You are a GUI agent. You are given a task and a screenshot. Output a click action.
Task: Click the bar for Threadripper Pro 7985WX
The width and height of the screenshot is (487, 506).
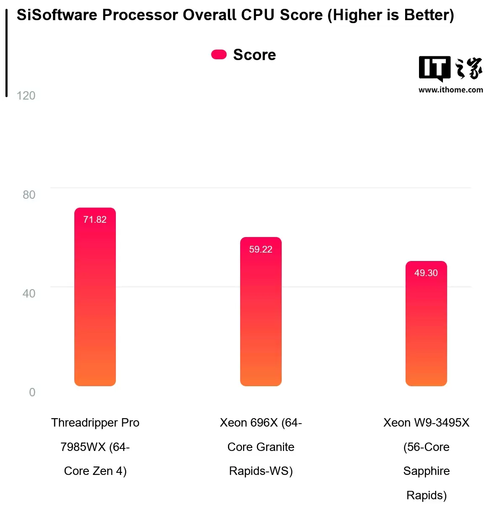point(95,303)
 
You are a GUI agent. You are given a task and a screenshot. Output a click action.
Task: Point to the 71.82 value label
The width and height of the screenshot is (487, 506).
point(95,219)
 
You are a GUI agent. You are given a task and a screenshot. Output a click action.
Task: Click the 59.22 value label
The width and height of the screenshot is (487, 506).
point(261,249)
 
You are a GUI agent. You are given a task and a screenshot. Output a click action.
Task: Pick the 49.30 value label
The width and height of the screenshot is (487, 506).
point(426,273)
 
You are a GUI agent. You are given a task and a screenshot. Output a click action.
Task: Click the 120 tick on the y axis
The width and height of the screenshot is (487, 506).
point(26,96)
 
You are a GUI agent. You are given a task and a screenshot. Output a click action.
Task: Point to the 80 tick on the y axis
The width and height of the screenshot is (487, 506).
point(29,195)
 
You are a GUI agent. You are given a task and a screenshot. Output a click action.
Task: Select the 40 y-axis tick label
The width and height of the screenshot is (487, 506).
point(29,293)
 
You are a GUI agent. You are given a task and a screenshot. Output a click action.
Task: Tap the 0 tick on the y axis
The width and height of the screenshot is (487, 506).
point(32,392)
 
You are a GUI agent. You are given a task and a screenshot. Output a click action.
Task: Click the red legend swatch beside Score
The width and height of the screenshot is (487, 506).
point(219,55)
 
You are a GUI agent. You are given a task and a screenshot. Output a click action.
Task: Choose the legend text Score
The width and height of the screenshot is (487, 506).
point(254,55)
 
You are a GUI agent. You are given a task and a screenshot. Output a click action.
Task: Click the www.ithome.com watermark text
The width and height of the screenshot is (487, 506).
point(450,90)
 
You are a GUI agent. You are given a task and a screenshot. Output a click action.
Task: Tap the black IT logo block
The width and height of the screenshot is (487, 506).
point(435,68)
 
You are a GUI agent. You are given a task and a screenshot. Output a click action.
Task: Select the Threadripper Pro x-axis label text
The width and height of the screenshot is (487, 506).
point(95,422)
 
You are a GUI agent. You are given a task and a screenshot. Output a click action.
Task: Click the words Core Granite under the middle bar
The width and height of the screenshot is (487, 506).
point(261,447)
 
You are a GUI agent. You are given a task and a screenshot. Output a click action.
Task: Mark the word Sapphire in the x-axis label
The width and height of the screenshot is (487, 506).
point(426,471)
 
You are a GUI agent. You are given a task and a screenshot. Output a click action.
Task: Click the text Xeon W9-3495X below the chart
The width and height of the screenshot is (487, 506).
point(426,422)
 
